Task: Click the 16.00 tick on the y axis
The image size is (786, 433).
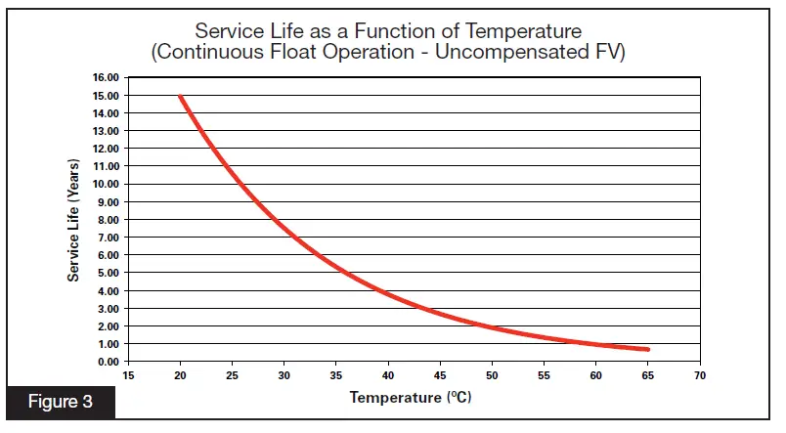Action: pos(105,77)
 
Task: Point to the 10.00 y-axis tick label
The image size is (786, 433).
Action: pos(105,184)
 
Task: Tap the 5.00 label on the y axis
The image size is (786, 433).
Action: pos(107,273)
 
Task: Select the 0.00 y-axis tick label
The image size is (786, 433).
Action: pos(107,362)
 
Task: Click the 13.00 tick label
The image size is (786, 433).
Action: pos(105,131)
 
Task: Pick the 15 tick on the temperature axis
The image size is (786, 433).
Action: pos(128,375)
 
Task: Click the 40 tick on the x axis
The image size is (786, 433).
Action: pos(388,375)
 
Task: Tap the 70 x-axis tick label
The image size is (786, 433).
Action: pos(700,375)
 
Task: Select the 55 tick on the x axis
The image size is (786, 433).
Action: pos(544,375)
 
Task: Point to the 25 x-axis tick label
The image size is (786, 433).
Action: pos(232,375)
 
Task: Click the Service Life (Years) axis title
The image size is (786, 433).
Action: pos(73,220)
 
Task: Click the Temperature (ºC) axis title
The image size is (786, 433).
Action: pos(411,399)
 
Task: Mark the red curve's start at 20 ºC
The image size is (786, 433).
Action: pos(180,96)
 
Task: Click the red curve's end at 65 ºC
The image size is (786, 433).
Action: pos(647,349)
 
